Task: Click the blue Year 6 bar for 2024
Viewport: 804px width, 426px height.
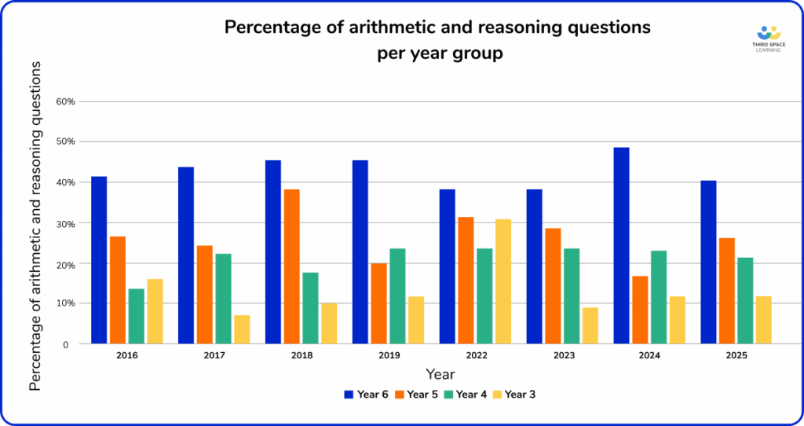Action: click(x=621, y=245)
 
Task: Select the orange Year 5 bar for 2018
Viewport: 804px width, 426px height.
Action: click(x=291, y=266)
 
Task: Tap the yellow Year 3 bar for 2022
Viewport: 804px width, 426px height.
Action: click(x=502, y=281)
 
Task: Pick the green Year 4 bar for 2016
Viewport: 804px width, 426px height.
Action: click(x=137, y=316)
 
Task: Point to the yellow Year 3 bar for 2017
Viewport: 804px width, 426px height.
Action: click(x=242, y=329)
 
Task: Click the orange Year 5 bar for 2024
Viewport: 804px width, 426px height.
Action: click(x=640, y=310)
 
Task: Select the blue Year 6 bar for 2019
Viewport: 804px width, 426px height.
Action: click(x=360, y=252)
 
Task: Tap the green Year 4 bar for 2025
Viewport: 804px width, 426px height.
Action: click(x=746, y=300)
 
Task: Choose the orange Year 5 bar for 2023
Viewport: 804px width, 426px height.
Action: click(x=553, y=285)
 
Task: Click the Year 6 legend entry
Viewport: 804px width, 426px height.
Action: click(x=367, y=394)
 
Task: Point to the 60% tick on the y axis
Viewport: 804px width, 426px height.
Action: click(x=64, y=101)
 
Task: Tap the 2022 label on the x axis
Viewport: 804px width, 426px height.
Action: click(x=476, y=356)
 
